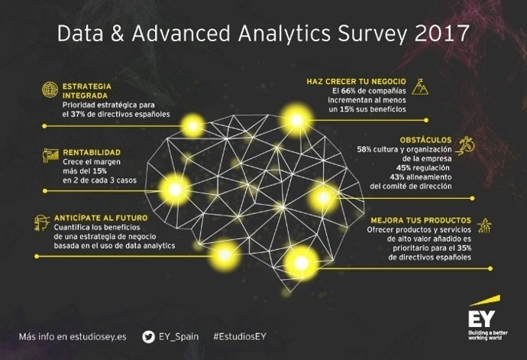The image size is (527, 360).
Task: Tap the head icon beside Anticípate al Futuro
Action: point(42,224)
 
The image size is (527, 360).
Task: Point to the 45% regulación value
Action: point(405,167)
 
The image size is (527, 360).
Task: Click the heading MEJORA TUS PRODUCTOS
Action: point(420,220)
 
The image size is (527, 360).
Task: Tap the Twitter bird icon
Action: point(148,336)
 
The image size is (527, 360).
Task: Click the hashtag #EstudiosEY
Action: point(241,337)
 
